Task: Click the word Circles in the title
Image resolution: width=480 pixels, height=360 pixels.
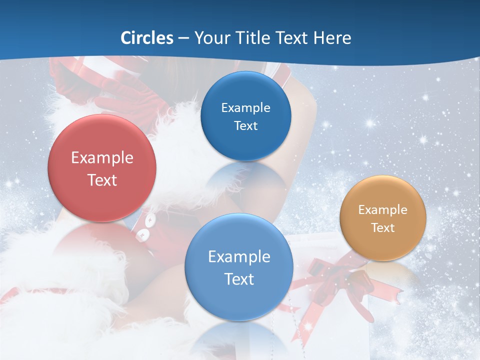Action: [x=147, y=38]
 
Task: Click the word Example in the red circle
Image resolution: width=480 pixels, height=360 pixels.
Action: [x=102, y=158]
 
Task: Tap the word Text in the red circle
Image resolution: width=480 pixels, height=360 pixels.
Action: [x=102, y=180]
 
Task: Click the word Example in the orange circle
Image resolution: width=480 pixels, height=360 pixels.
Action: [x=383, y=210]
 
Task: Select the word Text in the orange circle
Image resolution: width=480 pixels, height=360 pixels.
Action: [x=383, y=228]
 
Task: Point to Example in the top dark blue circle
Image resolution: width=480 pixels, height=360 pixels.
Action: [x=245, y=108]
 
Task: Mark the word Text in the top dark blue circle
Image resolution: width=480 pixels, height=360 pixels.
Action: [x=245, y=126]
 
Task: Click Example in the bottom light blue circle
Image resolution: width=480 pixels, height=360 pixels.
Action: [x=239, y=257]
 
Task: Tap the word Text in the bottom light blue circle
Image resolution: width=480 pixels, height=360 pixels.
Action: [x=239, y=279]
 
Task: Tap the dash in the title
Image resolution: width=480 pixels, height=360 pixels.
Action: [x=183, y=38]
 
